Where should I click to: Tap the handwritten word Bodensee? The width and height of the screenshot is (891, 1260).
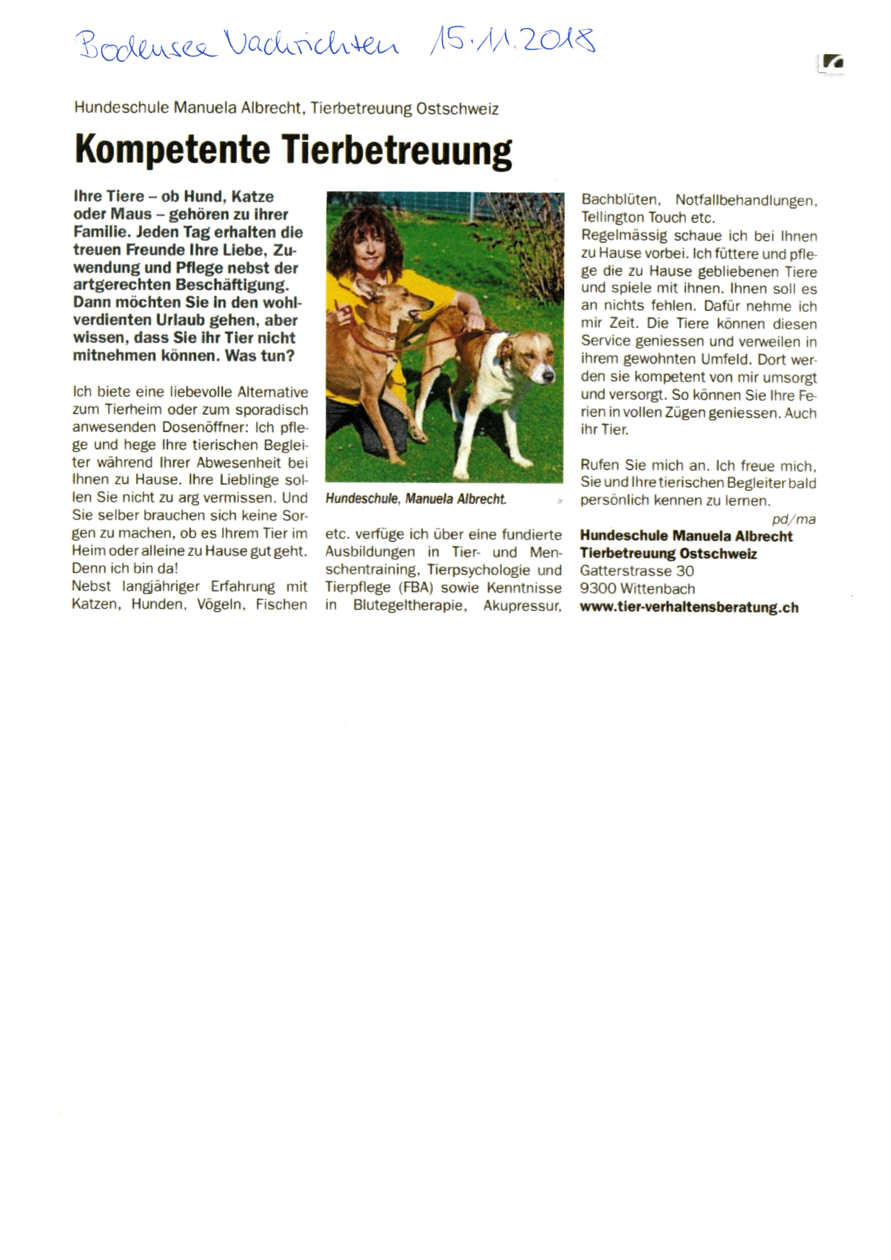[x=145, y=45]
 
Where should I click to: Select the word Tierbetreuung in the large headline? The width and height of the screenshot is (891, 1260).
[x=397, y=150]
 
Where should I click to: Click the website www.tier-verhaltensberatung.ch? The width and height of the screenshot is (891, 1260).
[x=689, y=607]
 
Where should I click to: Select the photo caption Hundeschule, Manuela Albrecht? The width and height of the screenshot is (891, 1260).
[x=415, y=499]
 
